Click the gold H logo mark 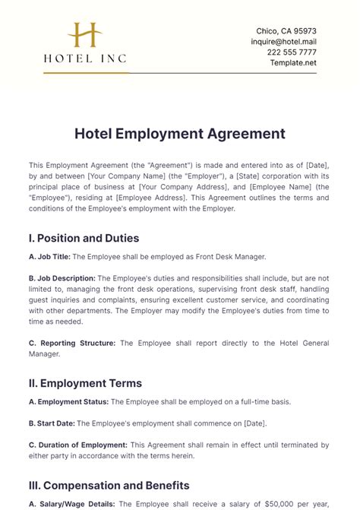click(84, 35)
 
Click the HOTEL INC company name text click(84, 58)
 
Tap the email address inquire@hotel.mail click(283, 42)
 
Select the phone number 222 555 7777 click(292, 52)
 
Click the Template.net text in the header click(293, 63)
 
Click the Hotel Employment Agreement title click(180, 134)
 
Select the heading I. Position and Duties click(89, 238)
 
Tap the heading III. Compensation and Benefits click(109, 485)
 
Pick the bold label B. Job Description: click(62, 278)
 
